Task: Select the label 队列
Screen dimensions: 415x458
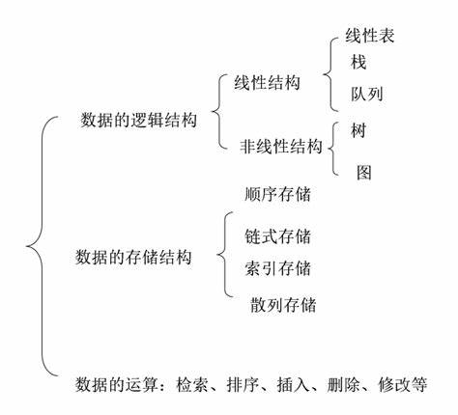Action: tap(368, 96)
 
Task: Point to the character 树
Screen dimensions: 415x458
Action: tap(360, 128)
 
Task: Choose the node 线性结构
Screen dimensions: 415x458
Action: tap(267, 83)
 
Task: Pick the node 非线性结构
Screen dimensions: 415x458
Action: tap(281, 147)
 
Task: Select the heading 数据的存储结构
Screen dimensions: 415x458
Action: tap(132, 258)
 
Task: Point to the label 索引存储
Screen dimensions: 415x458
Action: tap(278, 266)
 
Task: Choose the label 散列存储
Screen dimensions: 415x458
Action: tap(283, 306)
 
